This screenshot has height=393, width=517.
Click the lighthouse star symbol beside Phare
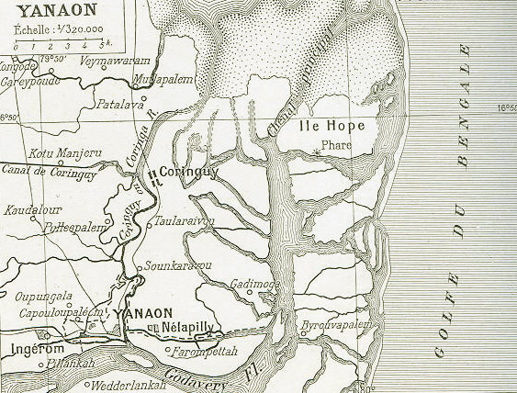(318, 149)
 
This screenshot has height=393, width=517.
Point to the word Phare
(338, 143)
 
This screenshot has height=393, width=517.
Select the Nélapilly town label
(186, 328)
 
